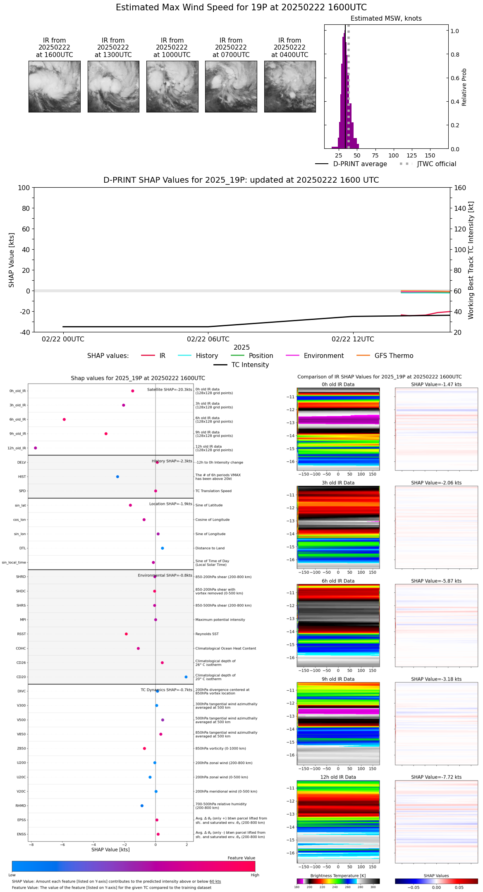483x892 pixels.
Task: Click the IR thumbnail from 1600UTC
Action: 54,86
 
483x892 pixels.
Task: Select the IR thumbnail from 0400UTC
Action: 290,86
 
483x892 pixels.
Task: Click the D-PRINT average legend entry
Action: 351,164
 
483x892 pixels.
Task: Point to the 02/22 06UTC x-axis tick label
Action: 208,339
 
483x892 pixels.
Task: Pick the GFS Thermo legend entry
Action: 385,356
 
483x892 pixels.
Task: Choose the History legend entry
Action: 198,356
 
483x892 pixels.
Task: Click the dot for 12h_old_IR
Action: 36,448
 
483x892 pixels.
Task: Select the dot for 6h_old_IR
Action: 64,420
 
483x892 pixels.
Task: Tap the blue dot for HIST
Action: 117,477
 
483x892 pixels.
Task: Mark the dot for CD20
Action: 186,677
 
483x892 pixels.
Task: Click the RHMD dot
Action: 142,806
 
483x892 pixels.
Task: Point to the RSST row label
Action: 22,634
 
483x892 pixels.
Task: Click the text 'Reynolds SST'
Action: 207,634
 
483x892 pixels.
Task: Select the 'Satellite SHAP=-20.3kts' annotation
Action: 170,390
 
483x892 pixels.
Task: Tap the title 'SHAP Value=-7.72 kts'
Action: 436,777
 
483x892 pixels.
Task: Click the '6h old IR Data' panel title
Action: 338,581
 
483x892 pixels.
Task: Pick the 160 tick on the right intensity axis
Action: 460,188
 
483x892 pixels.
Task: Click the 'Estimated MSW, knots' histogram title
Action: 386,19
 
